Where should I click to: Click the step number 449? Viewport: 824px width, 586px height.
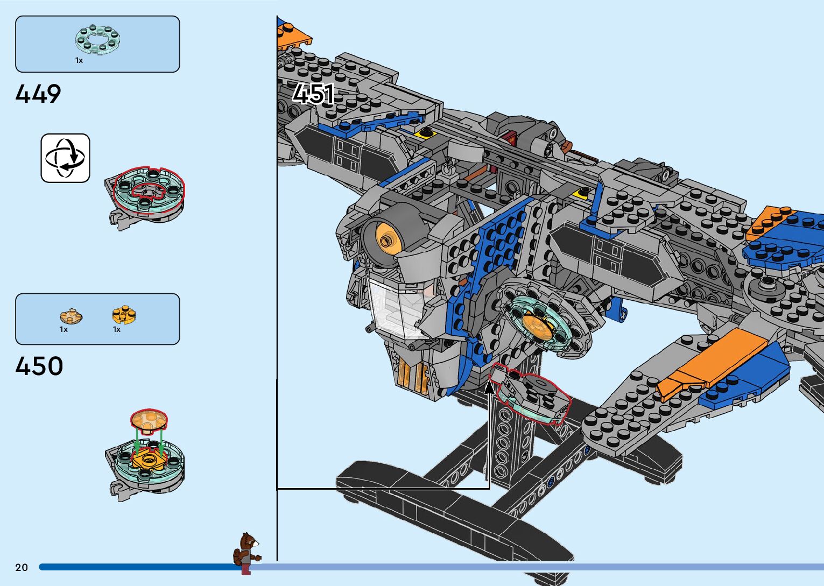38,94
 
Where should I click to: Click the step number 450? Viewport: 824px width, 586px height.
39,366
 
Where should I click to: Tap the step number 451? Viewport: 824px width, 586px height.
313,94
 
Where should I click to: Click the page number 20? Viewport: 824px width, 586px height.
22,567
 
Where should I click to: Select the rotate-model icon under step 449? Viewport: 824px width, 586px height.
66,158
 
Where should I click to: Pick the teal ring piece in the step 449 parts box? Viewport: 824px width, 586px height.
97,39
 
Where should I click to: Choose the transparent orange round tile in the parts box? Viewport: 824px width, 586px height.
71,316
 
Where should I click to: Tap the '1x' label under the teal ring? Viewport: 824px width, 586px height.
79,61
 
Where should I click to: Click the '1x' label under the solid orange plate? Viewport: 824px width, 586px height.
117,329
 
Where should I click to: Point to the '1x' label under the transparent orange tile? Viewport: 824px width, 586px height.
64,329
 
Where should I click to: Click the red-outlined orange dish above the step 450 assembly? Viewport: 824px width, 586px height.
149,420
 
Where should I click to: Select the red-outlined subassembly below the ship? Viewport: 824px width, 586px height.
533,396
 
